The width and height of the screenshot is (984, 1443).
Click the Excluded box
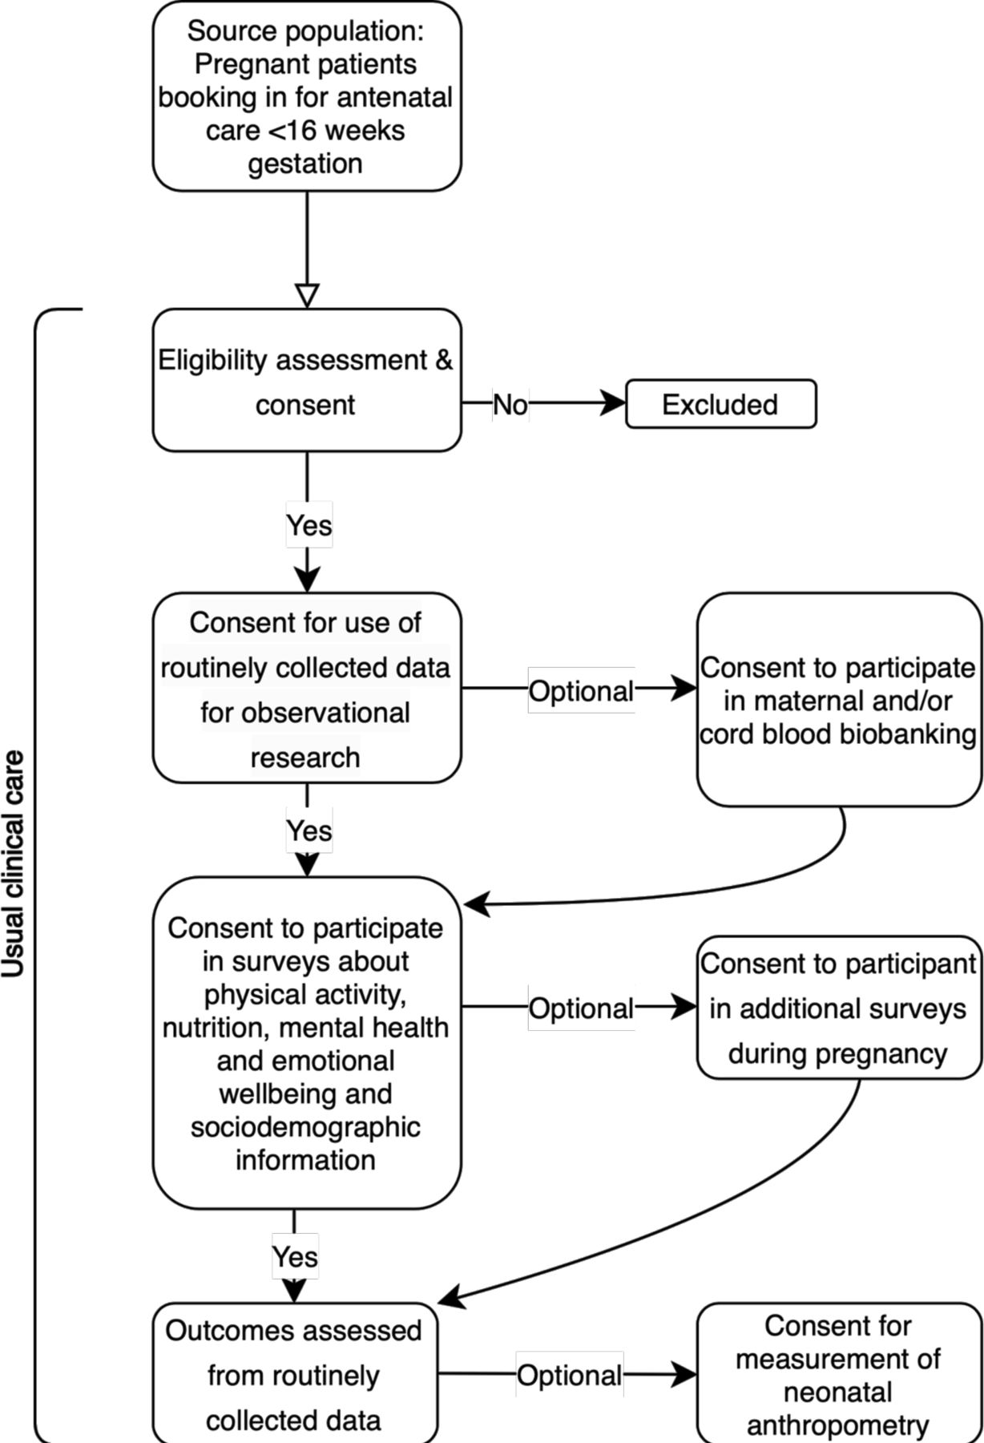(x=720, y=404)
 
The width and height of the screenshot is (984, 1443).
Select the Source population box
(x=307, y=96)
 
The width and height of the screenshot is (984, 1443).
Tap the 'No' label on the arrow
(x=510, y=405)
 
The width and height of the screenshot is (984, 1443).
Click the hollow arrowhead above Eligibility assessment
(x=307, y=296)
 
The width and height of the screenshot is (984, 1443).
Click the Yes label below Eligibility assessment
(x=309, y=525)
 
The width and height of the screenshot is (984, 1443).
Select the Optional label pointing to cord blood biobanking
(x=581, y=690)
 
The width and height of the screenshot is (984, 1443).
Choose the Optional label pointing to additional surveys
(x=581, y=1008)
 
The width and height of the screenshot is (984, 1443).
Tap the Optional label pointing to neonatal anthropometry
(x=569, y=1375)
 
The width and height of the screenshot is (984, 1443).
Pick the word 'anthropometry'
(x=838, y=1425)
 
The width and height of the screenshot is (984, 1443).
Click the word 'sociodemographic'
(x=305, y=1127)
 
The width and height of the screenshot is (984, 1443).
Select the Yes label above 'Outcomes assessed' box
(x=295, y=1256)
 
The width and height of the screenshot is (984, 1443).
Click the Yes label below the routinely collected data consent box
(x=309, y=831)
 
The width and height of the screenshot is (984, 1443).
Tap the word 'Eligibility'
(x=212, y=360)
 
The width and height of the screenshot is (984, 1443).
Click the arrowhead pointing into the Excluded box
(x=615, y=403)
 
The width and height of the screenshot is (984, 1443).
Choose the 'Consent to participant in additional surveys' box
(x=839, y=1008)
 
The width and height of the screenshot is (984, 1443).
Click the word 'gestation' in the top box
(x=305, y=164)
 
